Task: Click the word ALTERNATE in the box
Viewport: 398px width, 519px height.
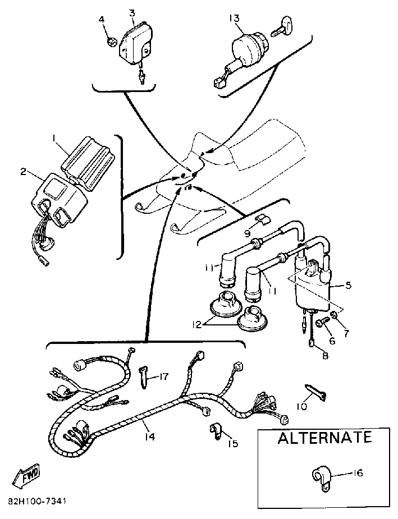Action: (324, 438)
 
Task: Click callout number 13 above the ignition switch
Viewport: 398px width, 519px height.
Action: (235, 18)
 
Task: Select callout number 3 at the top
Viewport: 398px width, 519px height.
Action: (131, 12)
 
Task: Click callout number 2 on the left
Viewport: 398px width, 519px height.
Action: (24, 172)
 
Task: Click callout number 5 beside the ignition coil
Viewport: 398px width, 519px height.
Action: (348, 285)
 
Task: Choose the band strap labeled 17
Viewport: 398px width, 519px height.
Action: (144, 376)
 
